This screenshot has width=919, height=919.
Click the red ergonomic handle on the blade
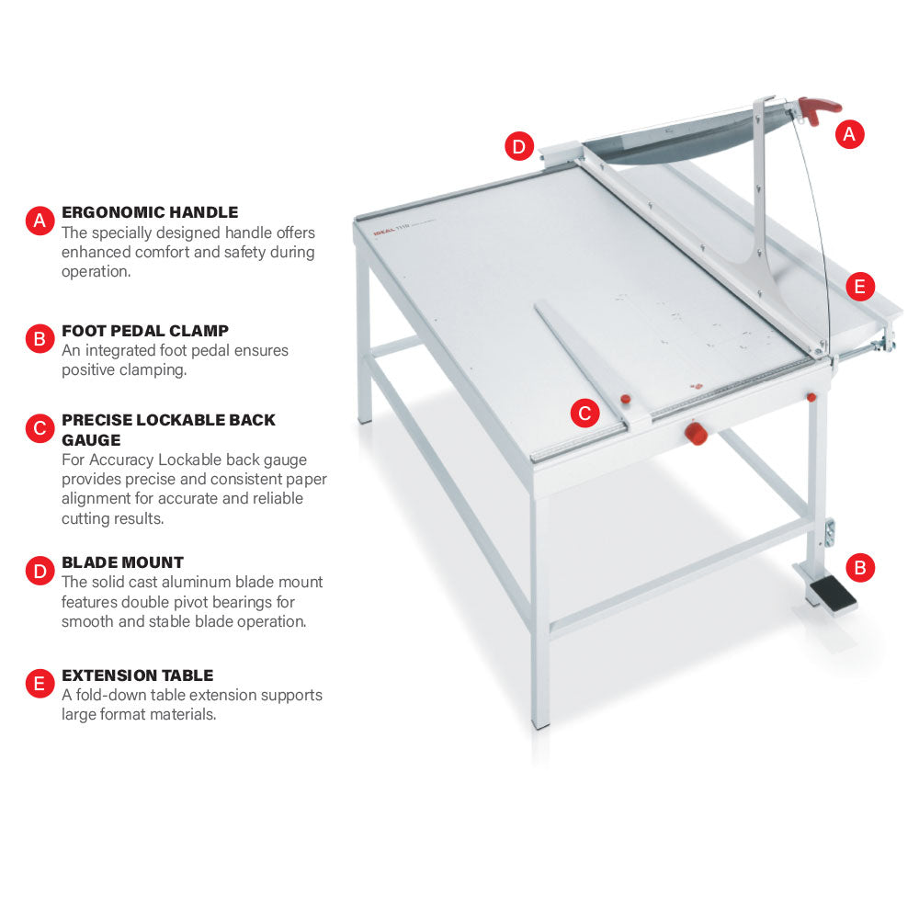pos(818,109)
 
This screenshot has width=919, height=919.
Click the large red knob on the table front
pos(696,433)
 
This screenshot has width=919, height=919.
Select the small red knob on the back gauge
pos(625,399)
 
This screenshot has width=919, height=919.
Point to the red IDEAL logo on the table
pos(384,231)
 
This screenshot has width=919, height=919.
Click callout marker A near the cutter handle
pos(849,134)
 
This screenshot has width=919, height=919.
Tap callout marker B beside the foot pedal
pos(860,567)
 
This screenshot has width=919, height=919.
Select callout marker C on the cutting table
pos(584,413)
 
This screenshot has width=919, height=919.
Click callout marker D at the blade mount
pos(519,146)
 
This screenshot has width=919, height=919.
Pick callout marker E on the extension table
pos(860,287)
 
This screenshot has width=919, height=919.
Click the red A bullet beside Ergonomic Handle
pos(40,221)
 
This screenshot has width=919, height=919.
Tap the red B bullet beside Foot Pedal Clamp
pos(40,339)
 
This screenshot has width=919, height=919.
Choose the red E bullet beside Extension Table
pos(40,684)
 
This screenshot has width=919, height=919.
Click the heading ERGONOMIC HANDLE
pos(150,212)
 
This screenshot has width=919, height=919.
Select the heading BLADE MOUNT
pos(122,562)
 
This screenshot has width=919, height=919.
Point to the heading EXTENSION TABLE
pos(138,675)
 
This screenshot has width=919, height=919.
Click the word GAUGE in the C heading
pos(91,439)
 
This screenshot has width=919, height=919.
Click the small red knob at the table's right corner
pos(811,397)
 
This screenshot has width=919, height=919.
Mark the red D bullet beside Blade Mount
pos(40,571)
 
